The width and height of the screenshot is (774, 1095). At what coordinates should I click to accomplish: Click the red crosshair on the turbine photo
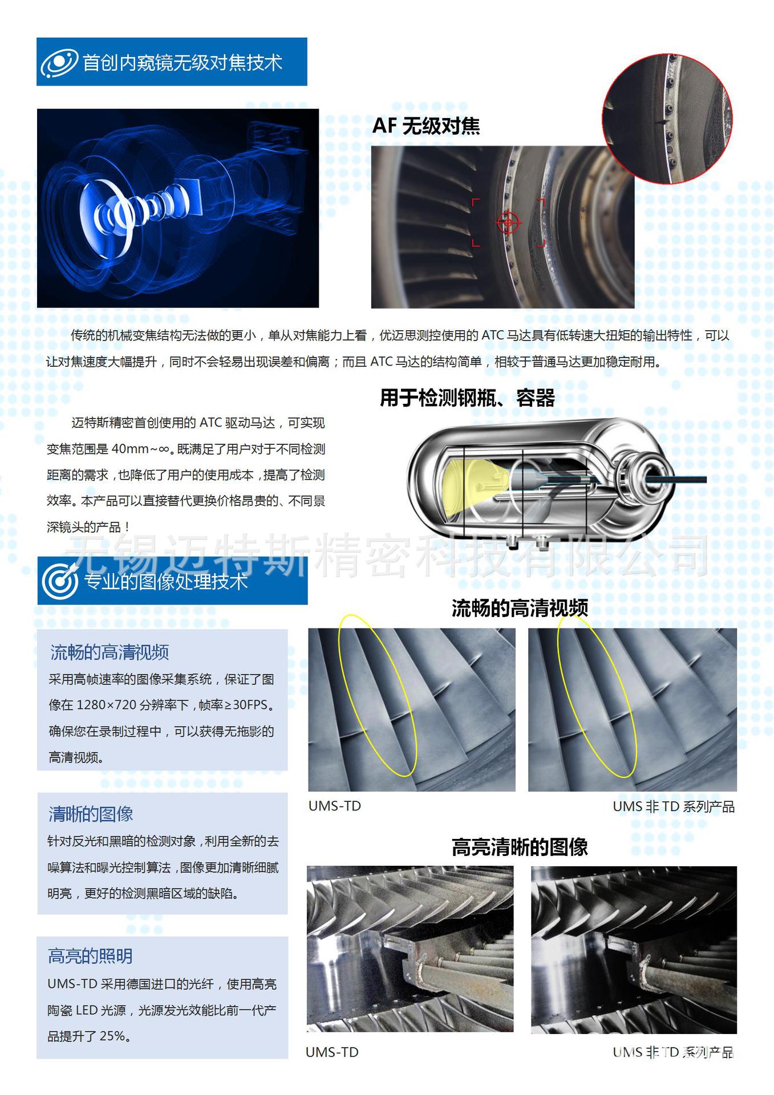tap(508, 222)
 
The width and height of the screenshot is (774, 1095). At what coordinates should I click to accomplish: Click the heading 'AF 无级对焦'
tap(426, 126)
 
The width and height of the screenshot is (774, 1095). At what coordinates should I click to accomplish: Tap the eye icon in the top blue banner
tap(59, 62)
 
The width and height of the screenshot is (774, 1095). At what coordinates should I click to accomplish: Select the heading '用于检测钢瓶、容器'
tap(467, 398)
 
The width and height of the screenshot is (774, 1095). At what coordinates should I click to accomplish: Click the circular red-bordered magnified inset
tap(667, 119)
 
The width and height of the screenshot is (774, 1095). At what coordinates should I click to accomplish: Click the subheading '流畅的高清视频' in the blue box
tap(110, 652)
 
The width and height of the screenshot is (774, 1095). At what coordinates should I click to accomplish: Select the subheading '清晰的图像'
tap(91, 814)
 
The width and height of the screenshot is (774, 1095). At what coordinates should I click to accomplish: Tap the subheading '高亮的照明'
tap(90, 956)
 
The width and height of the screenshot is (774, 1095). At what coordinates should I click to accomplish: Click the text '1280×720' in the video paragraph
tap(106, 705)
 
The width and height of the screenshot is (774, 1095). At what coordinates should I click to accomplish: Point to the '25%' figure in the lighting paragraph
tap(112, 1036)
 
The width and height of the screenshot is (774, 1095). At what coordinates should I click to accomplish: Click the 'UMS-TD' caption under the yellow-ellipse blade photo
tap(335, 806)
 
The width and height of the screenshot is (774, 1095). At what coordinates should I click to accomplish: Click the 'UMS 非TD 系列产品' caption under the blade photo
tap(674, 806)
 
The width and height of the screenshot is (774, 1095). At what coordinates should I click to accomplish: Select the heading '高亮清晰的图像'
tap(520, 847)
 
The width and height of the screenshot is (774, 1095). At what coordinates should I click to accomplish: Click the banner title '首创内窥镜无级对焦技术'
tap(183, 62)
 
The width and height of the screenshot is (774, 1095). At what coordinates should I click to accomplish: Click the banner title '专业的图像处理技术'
tap(166, 581)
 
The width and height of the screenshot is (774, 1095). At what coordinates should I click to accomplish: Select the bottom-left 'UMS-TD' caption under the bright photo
tap(332, 1052)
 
